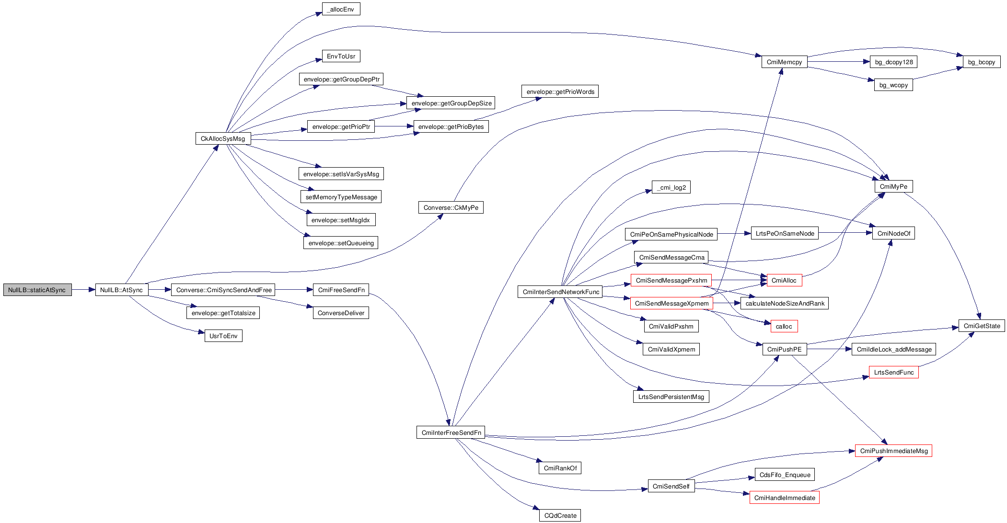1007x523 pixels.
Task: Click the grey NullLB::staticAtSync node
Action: (x=37, y=290)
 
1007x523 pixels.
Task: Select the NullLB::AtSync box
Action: (x=121, y=290)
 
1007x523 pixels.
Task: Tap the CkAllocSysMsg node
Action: (x=223, y=138)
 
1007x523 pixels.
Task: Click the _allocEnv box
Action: (x=341, y=9)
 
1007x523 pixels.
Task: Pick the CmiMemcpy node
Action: (x=784, y=62)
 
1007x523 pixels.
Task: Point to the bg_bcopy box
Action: (x=981, y=62)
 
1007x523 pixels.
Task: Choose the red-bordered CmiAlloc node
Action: (x=784, y=280)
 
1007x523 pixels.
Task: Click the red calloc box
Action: (x=784, y=326)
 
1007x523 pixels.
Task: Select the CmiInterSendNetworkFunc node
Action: (x=560, y=292)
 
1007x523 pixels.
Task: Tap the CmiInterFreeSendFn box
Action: (x=451, y=432)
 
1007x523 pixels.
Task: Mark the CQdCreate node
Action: (x=560, y=515)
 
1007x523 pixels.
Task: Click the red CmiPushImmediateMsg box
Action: (x=893, y=451)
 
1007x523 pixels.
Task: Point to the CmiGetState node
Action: (x=982, y=326)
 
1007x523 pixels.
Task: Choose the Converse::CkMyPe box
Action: (x=451, y=207)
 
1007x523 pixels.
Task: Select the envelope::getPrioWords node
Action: (x=560, y=91)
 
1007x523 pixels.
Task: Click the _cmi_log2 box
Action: (x=671, y=187)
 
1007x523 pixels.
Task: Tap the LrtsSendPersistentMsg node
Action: (x=671, y=397)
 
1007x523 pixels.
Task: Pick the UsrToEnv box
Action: (x=223, y=336)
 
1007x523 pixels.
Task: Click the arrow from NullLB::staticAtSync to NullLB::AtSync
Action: (x=83, y=290)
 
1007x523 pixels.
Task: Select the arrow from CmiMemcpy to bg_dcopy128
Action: (x=839, y=62)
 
